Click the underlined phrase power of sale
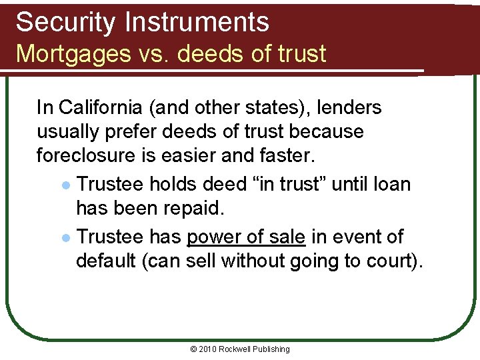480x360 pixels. click(246, 237)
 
